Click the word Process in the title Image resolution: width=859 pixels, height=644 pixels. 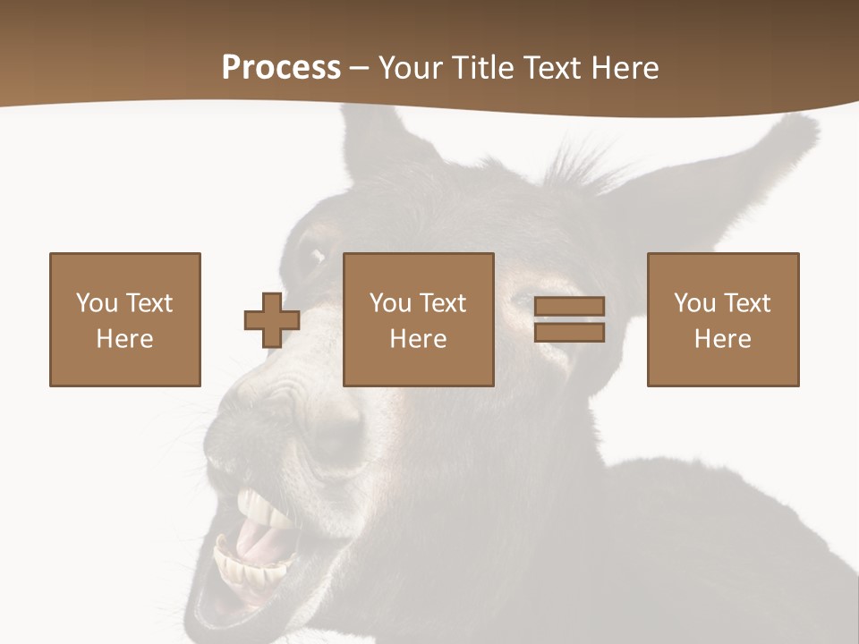point(281,67)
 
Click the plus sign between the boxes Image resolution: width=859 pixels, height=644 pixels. point(272,320)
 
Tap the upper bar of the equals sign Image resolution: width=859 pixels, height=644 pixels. point(569,306)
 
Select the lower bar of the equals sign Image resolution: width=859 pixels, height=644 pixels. point(569,333)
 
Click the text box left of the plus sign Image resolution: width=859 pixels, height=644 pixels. point(125,319)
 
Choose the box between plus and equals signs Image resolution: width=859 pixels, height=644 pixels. point(419,319)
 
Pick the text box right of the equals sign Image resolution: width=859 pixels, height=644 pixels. point(723,319)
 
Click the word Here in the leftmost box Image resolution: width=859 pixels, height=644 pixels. point(124,339)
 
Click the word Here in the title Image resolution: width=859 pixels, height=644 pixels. point(625,67)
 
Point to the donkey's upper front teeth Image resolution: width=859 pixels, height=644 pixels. point(259,511)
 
